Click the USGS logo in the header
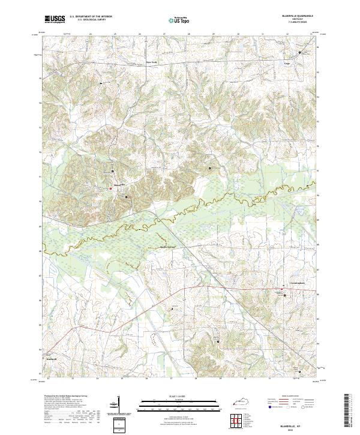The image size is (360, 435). (55, 19)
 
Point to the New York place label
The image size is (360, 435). (152, 62)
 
